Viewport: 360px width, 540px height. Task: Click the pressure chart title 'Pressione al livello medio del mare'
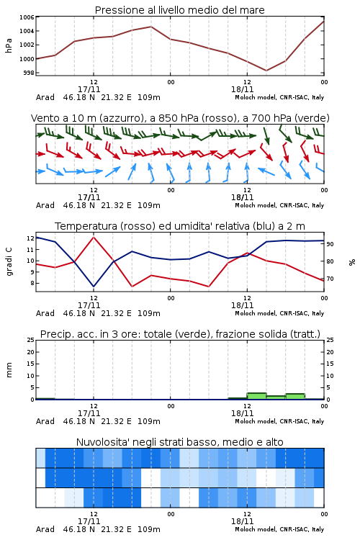pos(179,10)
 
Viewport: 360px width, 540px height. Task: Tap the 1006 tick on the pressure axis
pos(27,17)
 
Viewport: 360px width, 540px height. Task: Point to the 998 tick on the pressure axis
pos(29,73)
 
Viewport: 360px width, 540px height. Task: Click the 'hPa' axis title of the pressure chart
pos(9,45)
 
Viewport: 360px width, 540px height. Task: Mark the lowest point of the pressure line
pos(266,71)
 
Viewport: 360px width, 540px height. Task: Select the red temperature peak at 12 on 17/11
pos(94,237)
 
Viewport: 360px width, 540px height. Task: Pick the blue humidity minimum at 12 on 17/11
pos(94,287)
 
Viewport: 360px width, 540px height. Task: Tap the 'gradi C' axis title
pos(9,261)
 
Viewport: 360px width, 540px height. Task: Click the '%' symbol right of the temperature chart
pos(352,262)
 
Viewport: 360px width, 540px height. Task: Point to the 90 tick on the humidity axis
pos(330,244)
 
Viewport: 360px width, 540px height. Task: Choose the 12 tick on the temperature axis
pos(30,238)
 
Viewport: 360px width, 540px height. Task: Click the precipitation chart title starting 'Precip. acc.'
pos(180,334)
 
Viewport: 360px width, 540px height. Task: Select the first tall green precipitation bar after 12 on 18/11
pos(256,396)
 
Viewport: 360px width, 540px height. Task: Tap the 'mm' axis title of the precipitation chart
pos(9,369)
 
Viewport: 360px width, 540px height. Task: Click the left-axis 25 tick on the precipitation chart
pos(30,340)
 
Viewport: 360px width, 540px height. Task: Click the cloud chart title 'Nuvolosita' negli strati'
pos(179,442)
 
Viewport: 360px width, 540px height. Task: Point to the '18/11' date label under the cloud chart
pos(242,521)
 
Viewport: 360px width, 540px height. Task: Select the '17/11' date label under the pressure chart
pos(89,89)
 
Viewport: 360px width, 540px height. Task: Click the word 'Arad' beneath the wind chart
pos(45,205)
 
